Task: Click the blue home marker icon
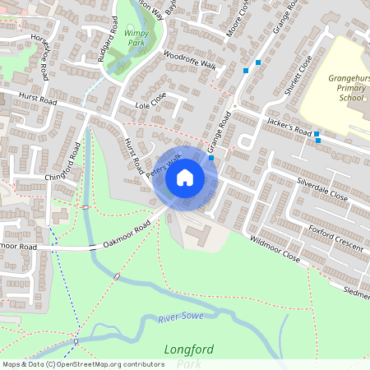185,177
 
